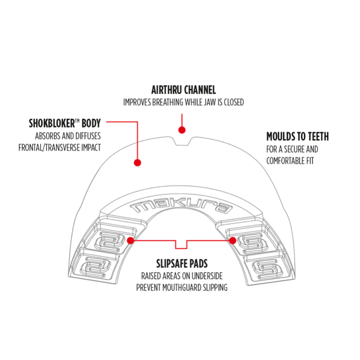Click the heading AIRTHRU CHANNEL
pyautogui.click(x=183, y=90)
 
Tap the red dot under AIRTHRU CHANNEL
pyautogui.click(x=182, y=130)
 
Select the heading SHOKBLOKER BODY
pyautogui.click(x=65, y=123)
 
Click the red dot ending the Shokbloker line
pyautogui.click(x=137, y=163)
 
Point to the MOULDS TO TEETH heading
pyautogui.click(x=297, y=136)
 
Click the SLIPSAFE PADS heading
pyautogui.click(x=182, y=264)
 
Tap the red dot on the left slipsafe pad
pyautogui.click(x=130, y=240)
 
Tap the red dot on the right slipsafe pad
pyautogui.click(x=232, y=240)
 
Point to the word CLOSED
pyautogui.click(x=234, y=102)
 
